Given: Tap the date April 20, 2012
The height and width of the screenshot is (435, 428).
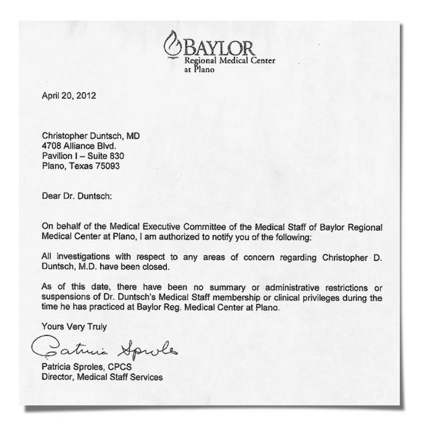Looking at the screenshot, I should coord(68,97).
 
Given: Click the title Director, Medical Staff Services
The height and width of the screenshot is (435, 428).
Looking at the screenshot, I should coord(102,377).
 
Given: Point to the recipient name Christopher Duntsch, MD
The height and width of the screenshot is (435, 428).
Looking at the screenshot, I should coord(90,136).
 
